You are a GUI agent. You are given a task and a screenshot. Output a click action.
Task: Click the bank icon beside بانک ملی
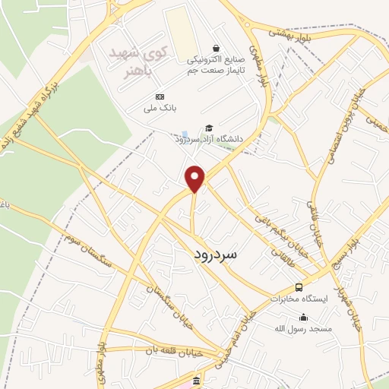[160, 96]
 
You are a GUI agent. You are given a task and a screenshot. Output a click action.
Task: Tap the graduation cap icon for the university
[209, 128]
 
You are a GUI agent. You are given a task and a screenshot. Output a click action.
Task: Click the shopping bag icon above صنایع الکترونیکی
[216, 47]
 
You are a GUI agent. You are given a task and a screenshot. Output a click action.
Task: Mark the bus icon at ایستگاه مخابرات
[299, 288]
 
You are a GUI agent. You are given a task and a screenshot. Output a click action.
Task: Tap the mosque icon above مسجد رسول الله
[304, 318]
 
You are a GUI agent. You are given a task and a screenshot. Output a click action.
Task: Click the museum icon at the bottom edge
[197, 381]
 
